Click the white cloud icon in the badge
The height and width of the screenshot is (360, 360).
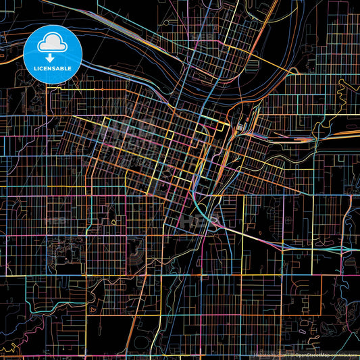point(53,43)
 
